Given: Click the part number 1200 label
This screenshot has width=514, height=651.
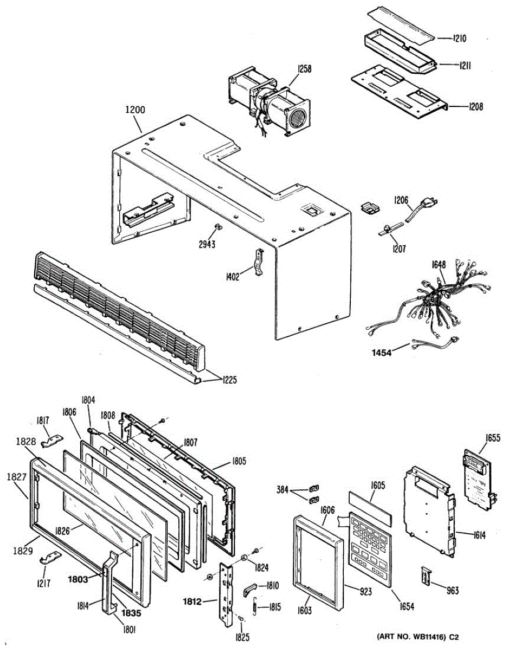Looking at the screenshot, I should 135,109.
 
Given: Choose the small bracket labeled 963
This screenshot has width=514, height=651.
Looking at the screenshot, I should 428,576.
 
